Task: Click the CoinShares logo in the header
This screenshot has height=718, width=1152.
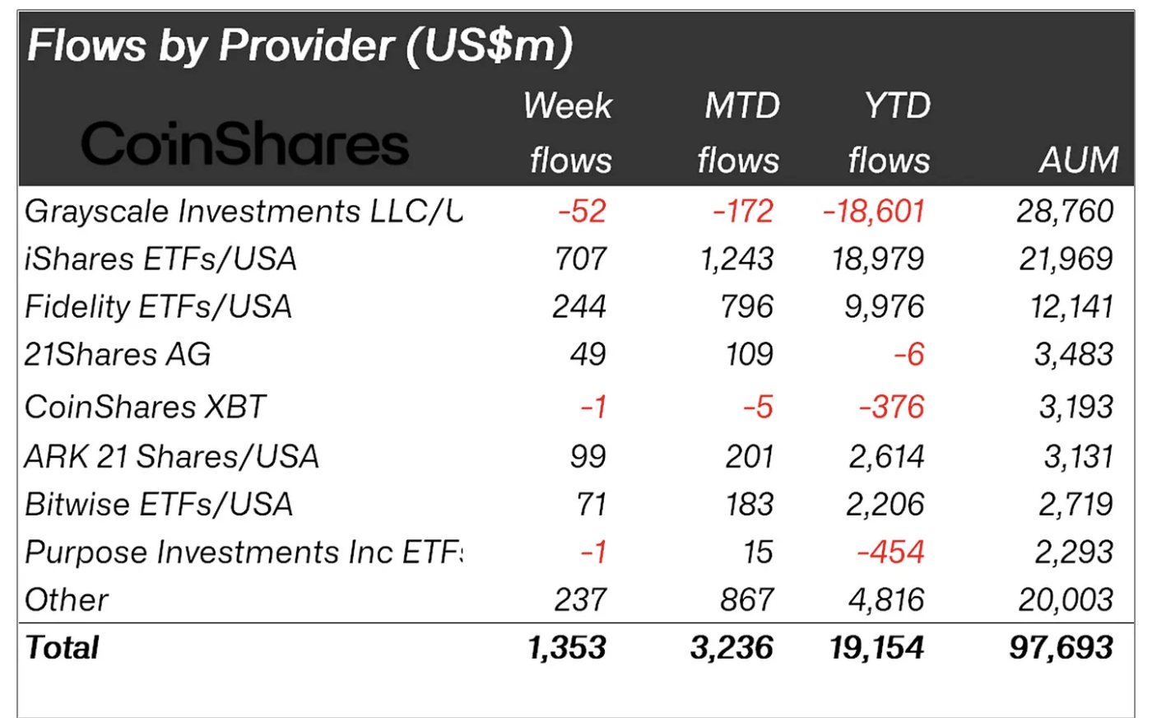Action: [244, 144]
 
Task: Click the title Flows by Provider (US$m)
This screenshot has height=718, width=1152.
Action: [300, 45]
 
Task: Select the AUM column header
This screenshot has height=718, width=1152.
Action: [1079, 160]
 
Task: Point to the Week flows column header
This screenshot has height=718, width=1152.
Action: [569, 133]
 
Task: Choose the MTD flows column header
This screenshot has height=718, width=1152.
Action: [740, 133]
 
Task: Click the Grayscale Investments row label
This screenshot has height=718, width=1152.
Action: [244, 212]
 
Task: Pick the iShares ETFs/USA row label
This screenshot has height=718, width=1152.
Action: [160, 259]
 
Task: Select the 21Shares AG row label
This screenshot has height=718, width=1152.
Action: [118, 355]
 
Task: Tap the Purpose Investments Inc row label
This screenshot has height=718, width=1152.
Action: [244, 552]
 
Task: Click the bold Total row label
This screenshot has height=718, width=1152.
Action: [62, 648]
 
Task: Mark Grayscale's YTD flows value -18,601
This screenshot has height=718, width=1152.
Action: [874, 212]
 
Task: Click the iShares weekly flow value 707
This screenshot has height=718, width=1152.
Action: [581, 259]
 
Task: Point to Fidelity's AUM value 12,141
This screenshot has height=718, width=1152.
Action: [1071, 307]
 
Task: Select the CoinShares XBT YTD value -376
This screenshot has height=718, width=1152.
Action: [892, 408]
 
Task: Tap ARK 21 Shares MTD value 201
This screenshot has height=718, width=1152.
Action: [749, 457]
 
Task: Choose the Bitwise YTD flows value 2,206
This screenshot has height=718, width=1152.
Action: [885, 505]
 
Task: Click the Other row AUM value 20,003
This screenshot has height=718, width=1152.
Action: [1066, 600]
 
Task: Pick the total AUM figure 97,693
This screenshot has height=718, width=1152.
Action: [1061, 648]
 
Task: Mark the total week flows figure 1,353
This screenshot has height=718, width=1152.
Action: [567, 648]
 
